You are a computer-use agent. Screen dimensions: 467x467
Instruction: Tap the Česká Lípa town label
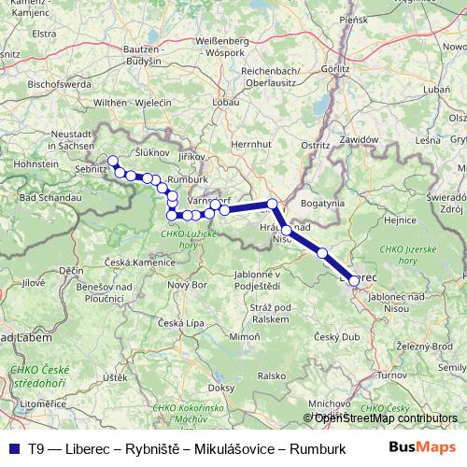pyautogui.click(x=177, y=323)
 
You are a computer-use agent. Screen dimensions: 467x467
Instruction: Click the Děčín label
pyautogui.click(x=71, y=270)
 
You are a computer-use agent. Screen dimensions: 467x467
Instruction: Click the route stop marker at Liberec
pyautogui.click(x=354, y=280)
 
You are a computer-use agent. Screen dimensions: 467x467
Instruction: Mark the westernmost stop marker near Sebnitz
pyautogui.click(x=113, y=161)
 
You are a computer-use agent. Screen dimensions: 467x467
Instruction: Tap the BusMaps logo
pyautogui.click(x=421, y=447)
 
